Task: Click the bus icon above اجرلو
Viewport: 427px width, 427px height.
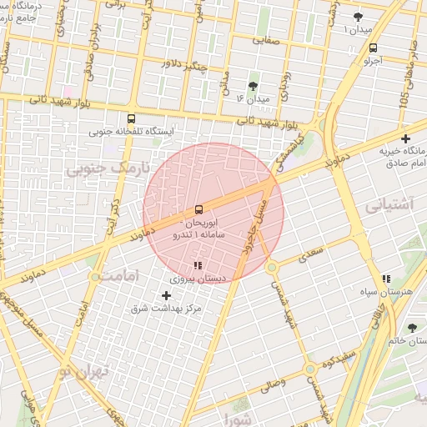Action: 372,48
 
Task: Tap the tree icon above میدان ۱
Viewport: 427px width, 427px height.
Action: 359,16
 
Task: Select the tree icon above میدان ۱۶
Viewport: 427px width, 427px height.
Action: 254,85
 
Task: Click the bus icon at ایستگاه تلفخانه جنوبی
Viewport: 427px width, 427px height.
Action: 131,118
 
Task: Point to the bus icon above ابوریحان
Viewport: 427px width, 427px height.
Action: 198,209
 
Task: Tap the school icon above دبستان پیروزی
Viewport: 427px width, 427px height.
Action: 198,266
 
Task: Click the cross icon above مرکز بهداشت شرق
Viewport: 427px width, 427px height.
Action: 166,295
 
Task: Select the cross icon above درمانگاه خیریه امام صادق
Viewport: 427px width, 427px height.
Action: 406,138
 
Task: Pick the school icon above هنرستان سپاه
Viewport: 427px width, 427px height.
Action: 385,279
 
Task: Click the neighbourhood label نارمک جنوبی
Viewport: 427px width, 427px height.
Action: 110,168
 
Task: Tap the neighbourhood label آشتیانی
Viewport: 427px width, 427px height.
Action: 389,203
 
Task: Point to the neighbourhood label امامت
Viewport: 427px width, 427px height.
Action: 113,274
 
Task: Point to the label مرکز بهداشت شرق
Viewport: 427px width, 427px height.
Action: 167,309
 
